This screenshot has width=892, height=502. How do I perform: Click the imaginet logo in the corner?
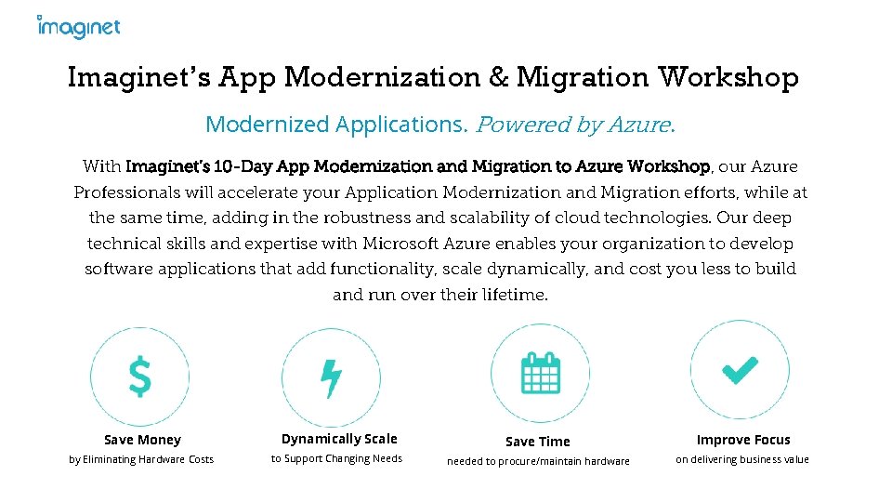(x=79, y=27)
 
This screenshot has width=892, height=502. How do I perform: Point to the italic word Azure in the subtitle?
(x=639, y=124)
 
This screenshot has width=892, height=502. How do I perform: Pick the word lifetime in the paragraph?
(x=513, y=295)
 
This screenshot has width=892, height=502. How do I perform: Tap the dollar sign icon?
(x=139, y=376)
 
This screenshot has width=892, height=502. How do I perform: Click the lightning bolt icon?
(x=331, y=377)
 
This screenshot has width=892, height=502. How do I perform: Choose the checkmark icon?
(x=740, y=370)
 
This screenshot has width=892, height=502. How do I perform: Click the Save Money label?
(x=142, y=440)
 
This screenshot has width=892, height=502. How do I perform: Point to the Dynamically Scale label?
(x=339, y=439)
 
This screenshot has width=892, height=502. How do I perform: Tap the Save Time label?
(x=538, y=442)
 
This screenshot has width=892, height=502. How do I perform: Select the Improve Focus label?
(x=743, y=440)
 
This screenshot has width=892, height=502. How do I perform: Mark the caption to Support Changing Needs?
(x=336, y=458)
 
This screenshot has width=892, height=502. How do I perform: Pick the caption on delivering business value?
(x=742, y=459)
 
